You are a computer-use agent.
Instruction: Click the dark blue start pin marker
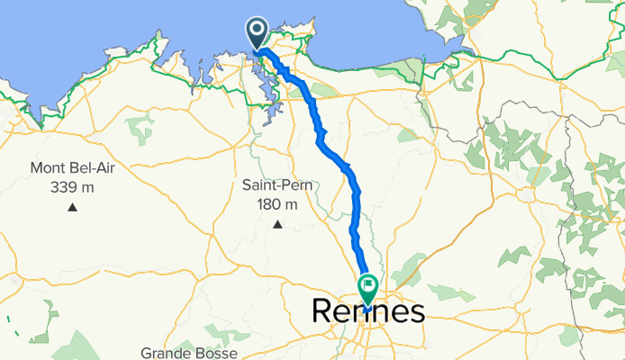[257, 34]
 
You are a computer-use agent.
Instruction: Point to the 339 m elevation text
[72, 187]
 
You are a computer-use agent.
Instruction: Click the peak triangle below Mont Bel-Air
[71, 209]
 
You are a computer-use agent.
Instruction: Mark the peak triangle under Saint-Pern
[278, 224]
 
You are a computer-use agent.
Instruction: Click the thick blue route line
[352, 180]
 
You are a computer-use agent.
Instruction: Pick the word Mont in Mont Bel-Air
[49, 168]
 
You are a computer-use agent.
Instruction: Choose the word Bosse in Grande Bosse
[219, 354]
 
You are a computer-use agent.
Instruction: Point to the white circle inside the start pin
[257, 31]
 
